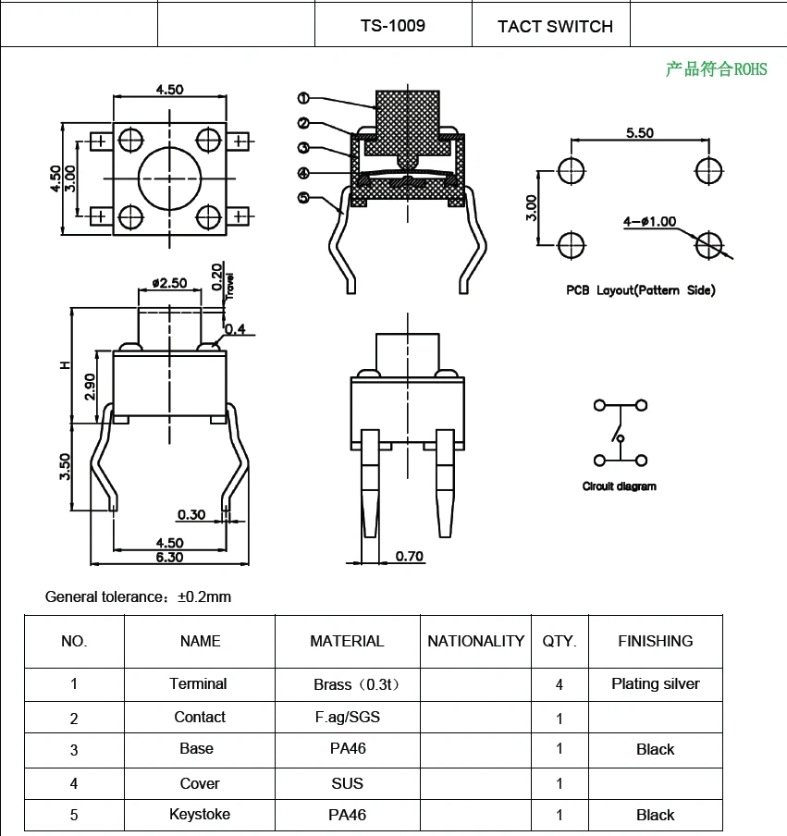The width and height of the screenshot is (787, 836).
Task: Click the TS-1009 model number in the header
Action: tap(393, 26)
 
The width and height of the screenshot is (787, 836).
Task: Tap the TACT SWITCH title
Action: tap(555, 27)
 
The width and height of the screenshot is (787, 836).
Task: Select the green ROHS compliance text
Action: tap(716, 69)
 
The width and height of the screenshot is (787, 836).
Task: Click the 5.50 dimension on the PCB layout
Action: tap(639, 133)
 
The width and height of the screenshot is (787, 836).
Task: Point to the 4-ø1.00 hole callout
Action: tap(649, 222)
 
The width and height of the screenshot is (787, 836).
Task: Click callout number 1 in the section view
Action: tap(304, 99)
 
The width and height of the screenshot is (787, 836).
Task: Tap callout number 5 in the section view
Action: tap(304, 197)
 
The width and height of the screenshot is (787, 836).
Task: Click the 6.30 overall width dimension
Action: tap(169, 557)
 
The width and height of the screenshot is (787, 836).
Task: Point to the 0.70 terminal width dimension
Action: tap(409, 556)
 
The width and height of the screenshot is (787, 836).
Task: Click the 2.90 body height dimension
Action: tap(90, 387)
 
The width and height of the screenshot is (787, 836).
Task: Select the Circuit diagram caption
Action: tap(619, 486)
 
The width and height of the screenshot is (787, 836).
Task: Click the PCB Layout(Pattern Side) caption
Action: tap(640, 290)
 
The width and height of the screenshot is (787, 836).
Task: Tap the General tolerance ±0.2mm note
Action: tap(138, 596)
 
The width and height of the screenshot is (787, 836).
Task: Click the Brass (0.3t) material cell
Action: tap(347, 685)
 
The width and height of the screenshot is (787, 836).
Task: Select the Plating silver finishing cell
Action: tap(655, 684)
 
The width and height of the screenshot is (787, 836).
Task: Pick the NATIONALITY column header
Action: tap(475, 641)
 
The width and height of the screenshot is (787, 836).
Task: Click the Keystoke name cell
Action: tap(200, 815)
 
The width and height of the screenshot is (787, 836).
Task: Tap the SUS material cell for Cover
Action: tap(347, 783)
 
